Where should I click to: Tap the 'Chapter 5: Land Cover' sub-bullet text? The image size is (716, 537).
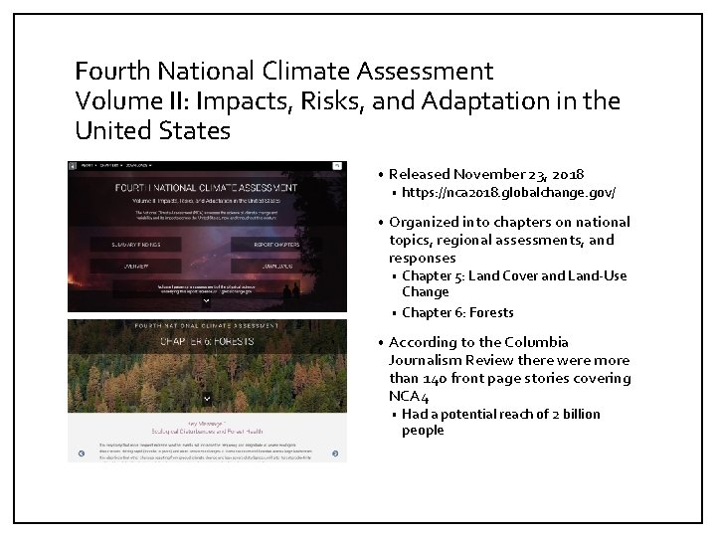tap(476, 275)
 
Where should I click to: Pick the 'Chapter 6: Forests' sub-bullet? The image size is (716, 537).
tap(457, 312)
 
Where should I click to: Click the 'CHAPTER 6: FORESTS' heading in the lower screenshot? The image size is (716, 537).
tap(207, 342)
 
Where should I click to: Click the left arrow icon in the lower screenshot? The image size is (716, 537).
tap(74, 454)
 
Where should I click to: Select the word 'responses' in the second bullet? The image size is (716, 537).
tap(423, 258)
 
